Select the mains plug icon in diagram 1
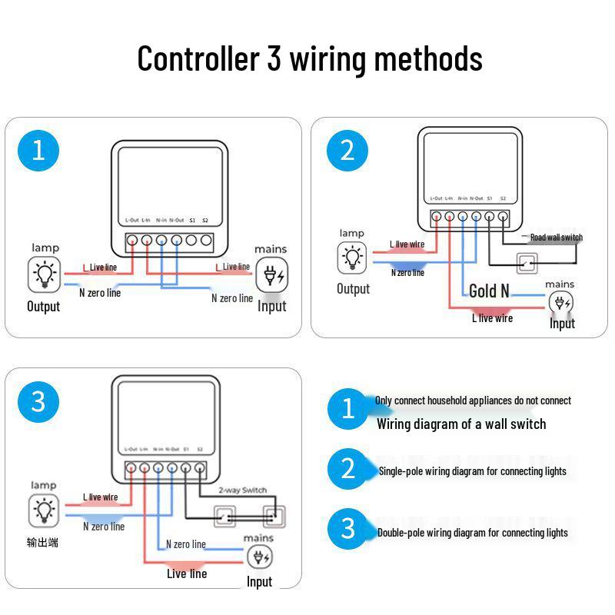(x=271, y=274)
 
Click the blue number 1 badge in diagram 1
(x=38, y=150)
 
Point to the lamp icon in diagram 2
(x=353, y=258)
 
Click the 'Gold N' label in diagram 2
(x=489, y=291)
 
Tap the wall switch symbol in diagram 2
(x=527, y=263)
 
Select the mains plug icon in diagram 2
(x=560, y=303)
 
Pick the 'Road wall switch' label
(x=556, y=238)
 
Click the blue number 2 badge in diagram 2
(x=347, y=150)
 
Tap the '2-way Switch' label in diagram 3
(x=243, y=490)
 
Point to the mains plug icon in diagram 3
(x=259, y=558)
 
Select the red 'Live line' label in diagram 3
(x=187, y=573)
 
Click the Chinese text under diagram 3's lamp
(x=43, y=543)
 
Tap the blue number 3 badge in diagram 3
(x=38, y=401)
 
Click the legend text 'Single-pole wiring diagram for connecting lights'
(x=472, y=471)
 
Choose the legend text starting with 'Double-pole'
(x=472, y=532)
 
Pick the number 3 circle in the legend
(x=348, y=528)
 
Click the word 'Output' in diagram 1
(x=44, y=307)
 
